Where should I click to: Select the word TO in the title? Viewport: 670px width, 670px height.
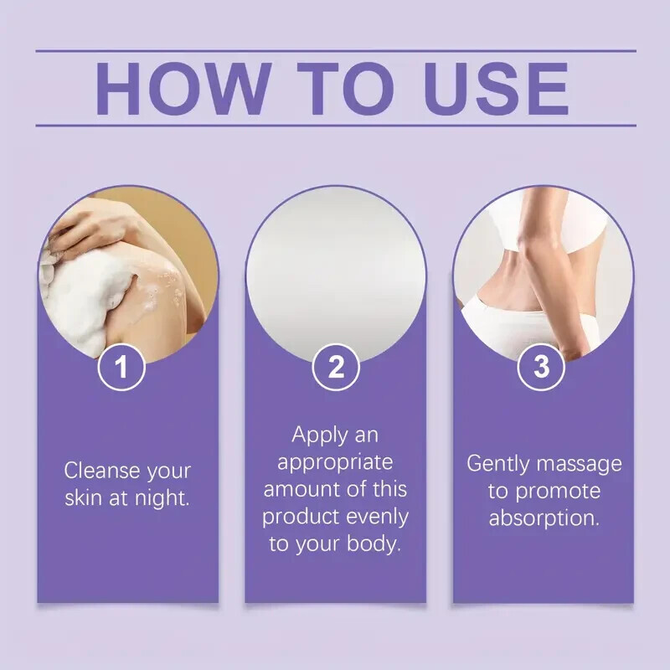[x=345, y=89]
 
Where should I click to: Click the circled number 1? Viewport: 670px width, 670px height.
[x=121, y=367]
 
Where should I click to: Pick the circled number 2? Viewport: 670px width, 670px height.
[x=336, y=367]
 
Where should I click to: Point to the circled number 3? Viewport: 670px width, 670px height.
[x=541, y=367]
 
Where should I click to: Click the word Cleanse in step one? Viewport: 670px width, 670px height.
[x=102, y=471]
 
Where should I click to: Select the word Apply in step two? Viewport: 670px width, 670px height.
[x=320, y=435]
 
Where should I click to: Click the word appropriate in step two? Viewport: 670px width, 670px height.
[x=335, y=463]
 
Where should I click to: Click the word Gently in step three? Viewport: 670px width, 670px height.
[x=498, y=464]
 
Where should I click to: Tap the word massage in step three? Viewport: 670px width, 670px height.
[x=579, y=465]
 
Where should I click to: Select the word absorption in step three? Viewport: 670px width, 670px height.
[x=544, y=518]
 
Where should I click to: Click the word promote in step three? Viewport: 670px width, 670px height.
[x=558, y=492]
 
